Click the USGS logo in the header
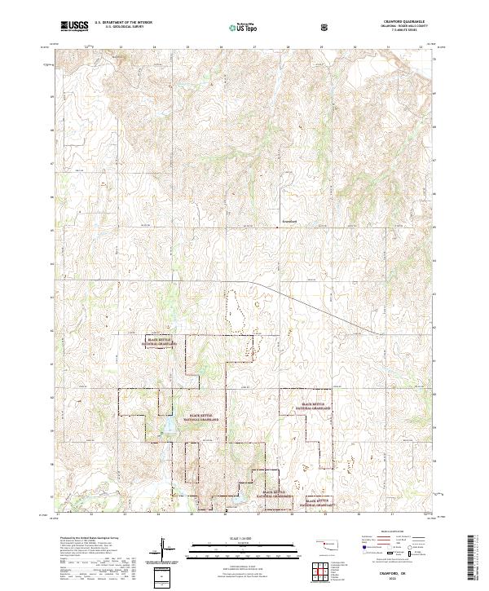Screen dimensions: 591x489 tap(75, 26)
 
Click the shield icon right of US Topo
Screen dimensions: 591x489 tap(325, 26)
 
